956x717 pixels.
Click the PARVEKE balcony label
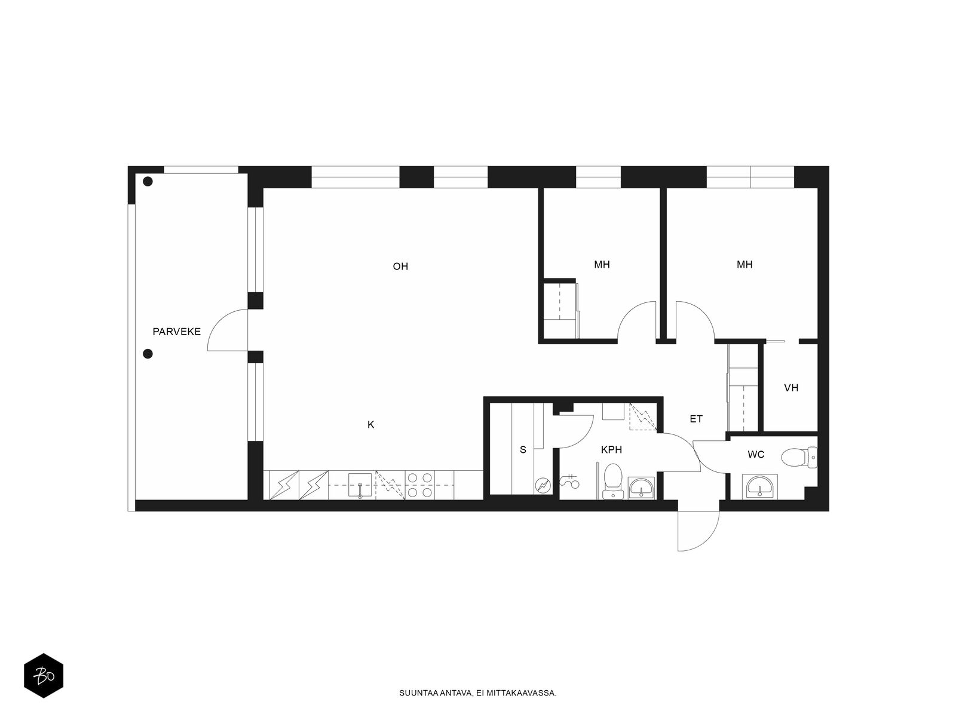(176, 332)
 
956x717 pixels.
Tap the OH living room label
(400, 266)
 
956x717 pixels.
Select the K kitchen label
(370, 424)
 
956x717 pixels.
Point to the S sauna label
(523, 450)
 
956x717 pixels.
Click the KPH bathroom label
(611, 450)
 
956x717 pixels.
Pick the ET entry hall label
(696, 419)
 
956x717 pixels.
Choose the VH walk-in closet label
(791, 387)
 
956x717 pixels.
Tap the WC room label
(756, 455)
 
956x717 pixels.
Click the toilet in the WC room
(799, 458)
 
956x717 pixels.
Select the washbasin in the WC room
(759, 486)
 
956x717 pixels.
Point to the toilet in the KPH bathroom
(613, 481)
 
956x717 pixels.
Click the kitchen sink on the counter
(360, 485)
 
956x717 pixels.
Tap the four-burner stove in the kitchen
(421, 485)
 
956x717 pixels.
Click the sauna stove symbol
(543, 485)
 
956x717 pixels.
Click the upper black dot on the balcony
(148, 182)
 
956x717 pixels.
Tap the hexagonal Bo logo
(44, 676)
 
